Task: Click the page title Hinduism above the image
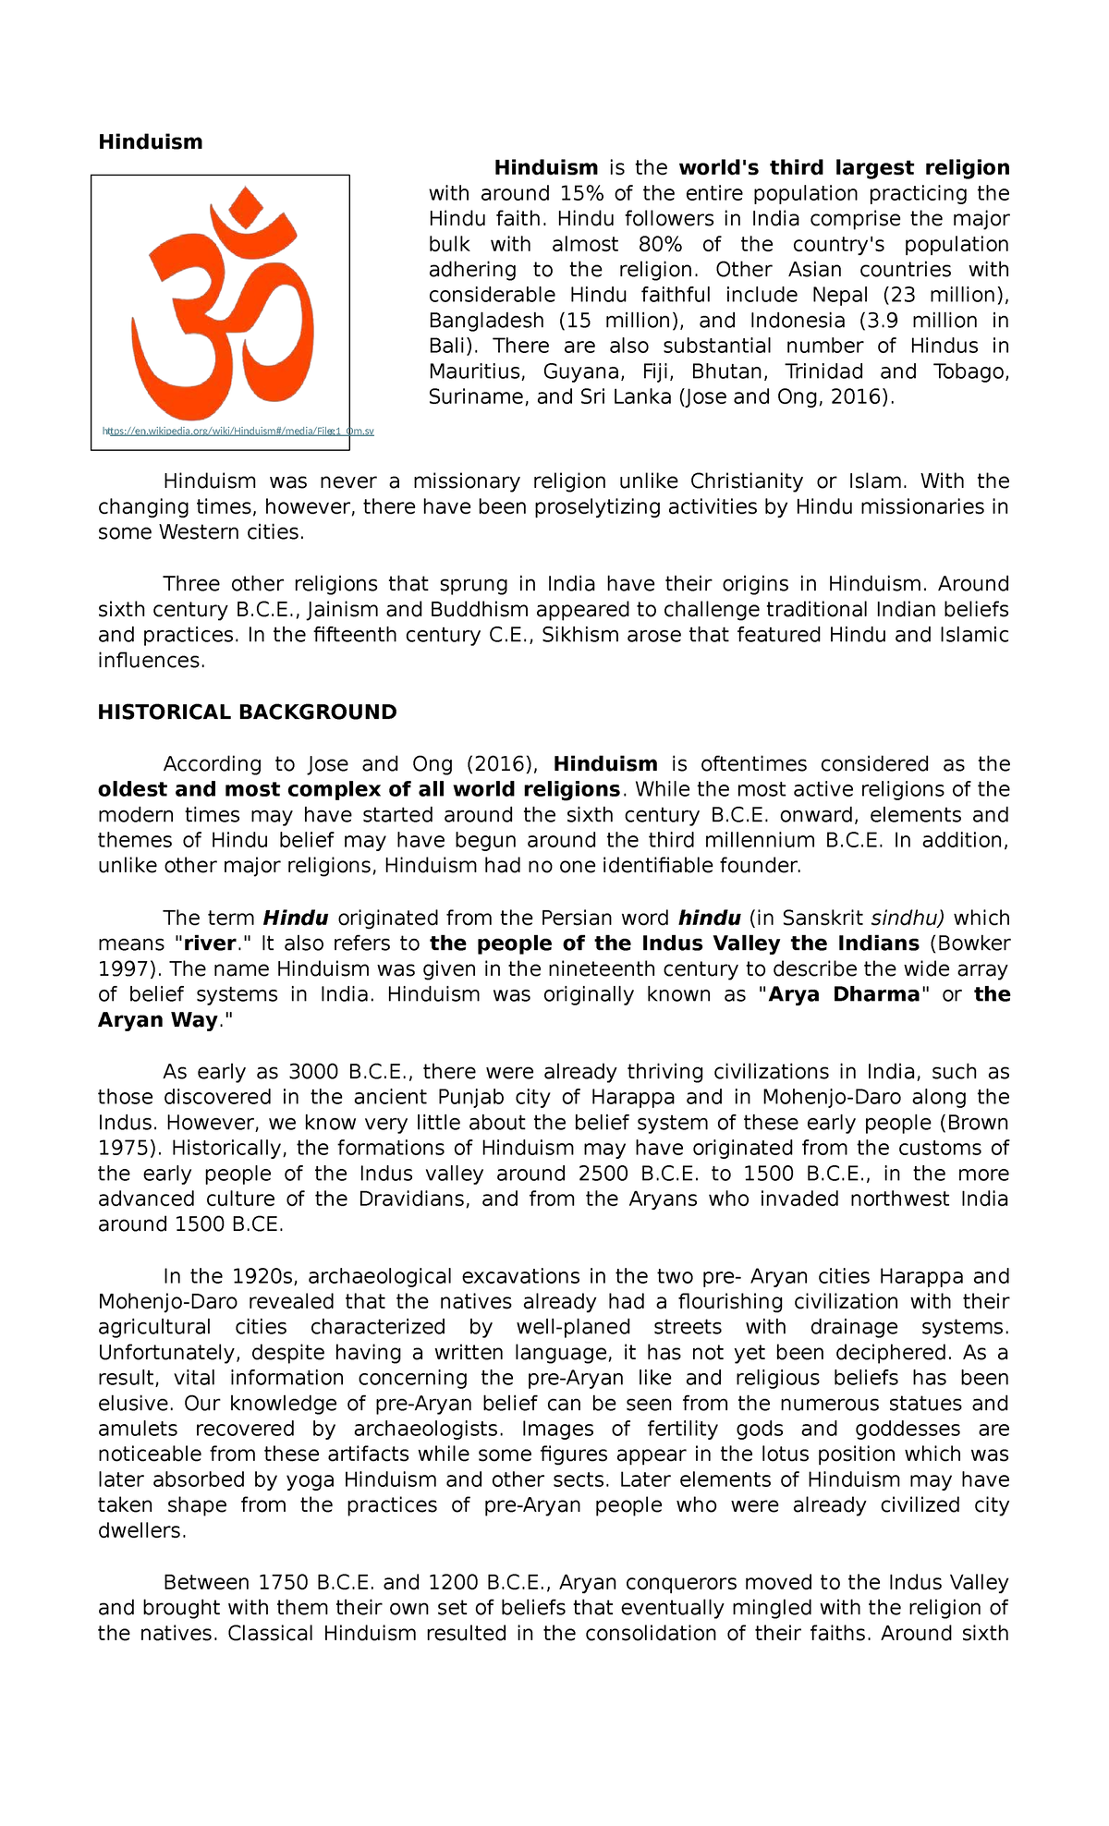[x=150, y=142]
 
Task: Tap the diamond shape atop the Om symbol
[x=246, y=205]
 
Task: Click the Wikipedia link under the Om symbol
[x=238, y=431]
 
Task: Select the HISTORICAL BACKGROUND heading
[x=247, y=712]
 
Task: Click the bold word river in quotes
[x=210, y=943]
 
